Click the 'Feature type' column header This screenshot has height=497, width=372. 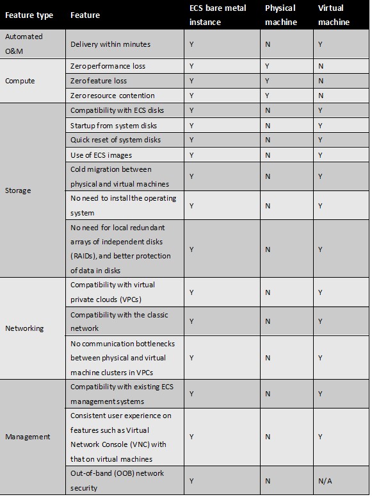(29, 15)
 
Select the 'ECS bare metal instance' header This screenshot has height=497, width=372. (218, 15)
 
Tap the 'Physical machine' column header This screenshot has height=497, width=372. (280, 15)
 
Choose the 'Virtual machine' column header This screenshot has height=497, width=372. (334, 15)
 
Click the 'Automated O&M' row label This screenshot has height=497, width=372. (24, 44)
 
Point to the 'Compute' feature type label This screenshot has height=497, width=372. (20, 81)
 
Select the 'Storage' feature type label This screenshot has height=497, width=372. (18, 190)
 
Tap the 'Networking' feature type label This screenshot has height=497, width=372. (24, 328)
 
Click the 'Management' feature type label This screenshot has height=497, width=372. (28, 437)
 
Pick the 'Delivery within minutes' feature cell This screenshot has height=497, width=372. (110, 44)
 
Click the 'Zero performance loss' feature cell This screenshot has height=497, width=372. (108, 66)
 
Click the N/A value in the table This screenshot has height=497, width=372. (325, 480)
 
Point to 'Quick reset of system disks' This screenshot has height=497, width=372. (115, 140)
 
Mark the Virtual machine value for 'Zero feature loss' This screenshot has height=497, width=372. (321, 81)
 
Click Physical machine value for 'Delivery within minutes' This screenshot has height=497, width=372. (268, 44)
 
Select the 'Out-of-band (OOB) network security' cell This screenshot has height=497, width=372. (117, 480)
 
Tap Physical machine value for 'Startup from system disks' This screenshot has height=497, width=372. (268, 126)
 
